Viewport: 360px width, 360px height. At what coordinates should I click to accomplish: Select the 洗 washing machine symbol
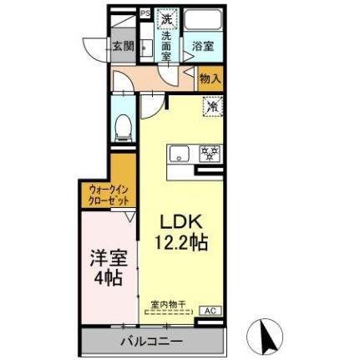click(x=166, y=18)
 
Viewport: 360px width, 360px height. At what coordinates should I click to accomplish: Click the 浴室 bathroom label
click(x=203, y=45)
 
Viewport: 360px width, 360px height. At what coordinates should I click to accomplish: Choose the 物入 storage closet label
click(x=210, y=79)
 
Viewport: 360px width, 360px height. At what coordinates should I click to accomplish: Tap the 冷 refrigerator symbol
click(x=213, y=106)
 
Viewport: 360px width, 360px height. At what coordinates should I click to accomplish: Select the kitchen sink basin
click(x=180, y=154)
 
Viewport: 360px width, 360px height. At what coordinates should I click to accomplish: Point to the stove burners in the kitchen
click(x=209, y=153)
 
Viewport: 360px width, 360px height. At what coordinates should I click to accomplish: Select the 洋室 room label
click(x=108, y=256)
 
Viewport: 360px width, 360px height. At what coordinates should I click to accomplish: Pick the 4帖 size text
click(x=108, y=276)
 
